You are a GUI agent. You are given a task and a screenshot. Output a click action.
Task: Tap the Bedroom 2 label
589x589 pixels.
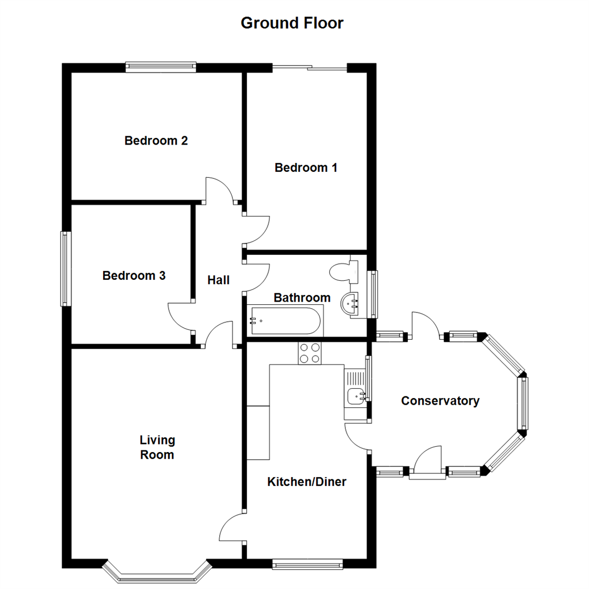coord(156,141)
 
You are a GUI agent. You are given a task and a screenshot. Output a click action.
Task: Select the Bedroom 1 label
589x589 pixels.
coord(305,167)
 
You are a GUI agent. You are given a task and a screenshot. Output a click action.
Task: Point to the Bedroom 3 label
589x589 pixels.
coord(134,276)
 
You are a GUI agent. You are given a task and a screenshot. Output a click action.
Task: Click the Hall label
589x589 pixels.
coord(219,280)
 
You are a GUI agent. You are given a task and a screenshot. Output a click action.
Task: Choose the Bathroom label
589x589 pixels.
coord(302,298)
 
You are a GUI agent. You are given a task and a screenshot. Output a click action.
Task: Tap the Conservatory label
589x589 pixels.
coord(440,401)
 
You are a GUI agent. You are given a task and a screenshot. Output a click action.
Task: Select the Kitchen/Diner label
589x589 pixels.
coord(307,482)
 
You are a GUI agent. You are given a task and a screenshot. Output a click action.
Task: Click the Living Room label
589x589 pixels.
coord(157,447)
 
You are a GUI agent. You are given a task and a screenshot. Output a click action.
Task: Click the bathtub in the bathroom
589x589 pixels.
coord(285,322)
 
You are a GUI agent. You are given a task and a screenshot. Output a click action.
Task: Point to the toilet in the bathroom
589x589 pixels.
coord(344,271)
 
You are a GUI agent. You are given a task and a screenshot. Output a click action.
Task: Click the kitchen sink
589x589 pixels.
coord(354,394)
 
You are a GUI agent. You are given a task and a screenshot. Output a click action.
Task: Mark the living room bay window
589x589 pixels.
coord(157,572)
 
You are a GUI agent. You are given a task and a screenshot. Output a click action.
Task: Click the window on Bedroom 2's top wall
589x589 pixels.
coord(160,67)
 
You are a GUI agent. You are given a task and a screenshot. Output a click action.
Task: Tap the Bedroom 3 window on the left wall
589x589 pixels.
coord(66,268)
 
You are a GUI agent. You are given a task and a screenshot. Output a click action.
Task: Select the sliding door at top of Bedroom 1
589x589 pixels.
coord(309,68)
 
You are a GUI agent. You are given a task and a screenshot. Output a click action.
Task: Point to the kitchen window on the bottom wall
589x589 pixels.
coord(308,564)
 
